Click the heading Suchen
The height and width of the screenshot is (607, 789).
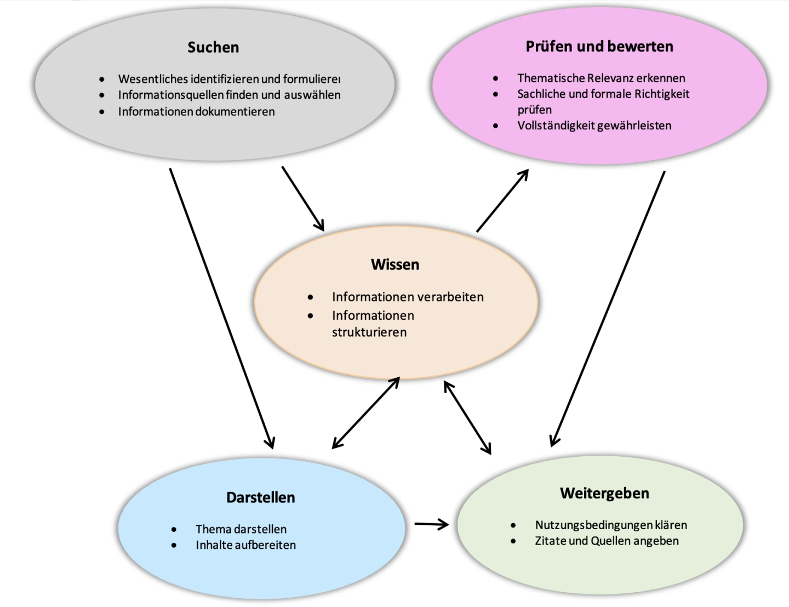coord(213,47)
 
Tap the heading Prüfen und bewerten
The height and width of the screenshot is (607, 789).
coord(599,47)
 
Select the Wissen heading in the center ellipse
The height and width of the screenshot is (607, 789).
coord(395,264)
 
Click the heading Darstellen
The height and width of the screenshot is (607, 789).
coord(261,497)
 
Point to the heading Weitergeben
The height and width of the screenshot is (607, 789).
coord(604,493)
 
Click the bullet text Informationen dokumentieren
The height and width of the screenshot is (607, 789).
coord(196,111)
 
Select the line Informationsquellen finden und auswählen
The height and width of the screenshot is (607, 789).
coord(229,95)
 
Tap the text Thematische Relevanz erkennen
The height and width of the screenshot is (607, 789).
coord(601,78)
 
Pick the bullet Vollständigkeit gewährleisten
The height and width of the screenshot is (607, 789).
coord(594,125)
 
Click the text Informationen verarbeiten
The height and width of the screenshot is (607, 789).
coord(408,297)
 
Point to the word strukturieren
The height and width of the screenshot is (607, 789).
coord(369,332)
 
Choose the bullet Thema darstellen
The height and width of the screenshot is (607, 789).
coord(241,529)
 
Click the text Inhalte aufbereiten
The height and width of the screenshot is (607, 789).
coord(245,545)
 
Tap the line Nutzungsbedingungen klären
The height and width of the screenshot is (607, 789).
coord(611,525)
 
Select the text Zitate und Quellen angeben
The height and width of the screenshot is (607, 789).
coord(607,541)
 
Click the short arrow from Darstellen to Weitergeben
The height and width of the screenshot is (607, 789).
coord(431,524)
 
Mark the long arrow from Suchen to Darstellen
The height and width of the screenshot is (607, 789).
coord(221,307)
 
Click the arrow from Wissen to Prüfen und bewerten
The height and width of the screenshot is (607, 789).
coord(502,200)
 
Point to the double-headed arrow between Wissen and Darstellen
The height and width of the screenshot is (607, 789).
coord(365,413)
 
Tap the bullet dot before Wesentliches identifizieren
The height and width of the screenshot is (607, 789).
coord(102,79)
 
